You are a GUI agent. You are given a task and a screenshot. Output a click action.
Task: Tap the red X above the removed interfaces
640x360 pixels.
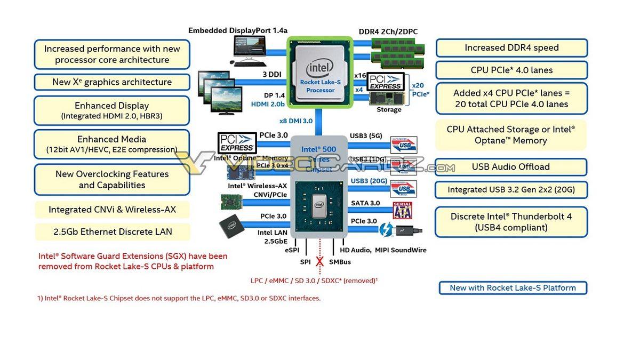[x=320, y=262]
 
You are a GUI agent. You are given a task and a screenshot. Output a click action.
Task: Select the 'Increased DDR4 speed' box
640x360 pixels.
[x=511, y=48]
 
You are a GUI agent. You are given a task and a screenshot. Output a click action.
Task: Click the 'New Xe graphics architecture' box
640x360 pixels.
[x=112, y=82]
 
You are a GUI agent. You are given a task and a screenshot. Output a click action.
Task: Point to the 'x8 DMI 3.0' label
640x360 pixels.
[x=295, y=121]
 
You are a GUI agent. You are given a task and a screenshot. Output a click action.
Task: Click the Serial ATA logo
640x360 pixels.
[x=403, y=210]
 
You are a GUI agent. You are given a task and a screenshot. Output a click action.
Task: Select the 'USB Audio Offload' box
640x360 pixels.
[x=510, y=167]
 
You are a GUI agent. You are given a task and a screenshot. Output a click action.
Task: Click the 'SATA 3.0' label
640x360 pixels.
[x=365, y=203]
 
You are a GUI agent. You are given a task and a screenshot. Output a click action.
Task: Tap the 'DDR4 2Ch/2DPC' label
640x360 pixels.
[x=388, y=31]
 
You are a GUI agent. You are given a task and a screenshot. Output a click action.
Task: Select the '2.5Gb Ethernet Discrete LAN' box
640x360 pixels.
[x=113, y=232]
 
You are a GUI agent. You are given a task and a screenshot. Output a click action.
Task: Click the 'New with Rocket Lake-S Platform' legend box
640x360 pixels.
[x=513, y=288]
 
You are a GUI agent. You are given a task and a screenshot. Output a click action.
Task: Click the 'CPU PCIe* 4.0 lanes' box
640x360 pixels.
[x=511, y=70]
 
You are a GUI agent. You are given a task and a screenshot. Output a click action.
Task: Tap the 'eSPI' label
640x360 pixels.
[x=292, y=250]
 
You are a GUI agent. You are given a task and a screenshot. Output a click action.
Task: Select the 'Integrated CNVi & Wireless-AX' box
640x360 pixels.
[x=112, y=210]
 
